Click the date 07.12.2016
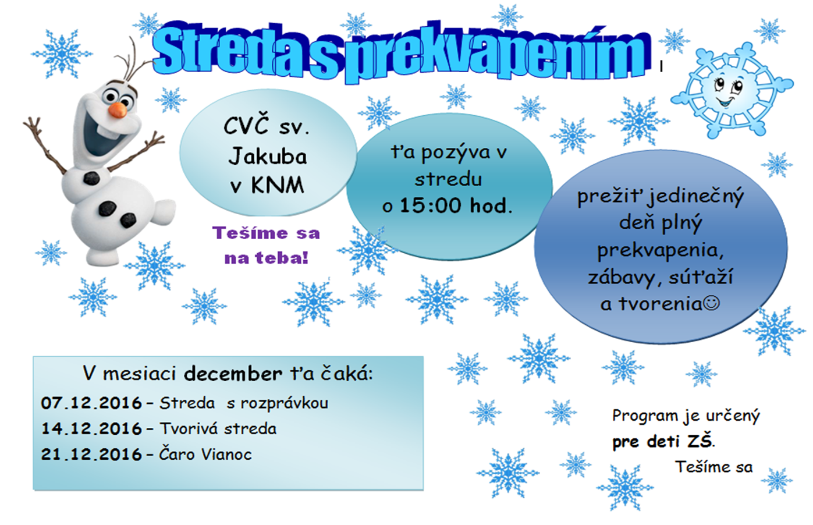91,403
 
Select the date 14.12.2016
91,429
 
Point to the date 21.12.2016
91,455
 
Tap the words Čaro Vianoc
205,454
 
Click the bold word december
233,374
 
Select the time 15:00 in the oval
430,205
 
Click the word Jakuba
268,157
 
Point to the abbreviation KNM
278,186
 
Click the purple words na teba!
267,258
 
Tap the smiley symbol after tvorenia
711,303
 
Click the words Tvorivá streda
218,429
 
